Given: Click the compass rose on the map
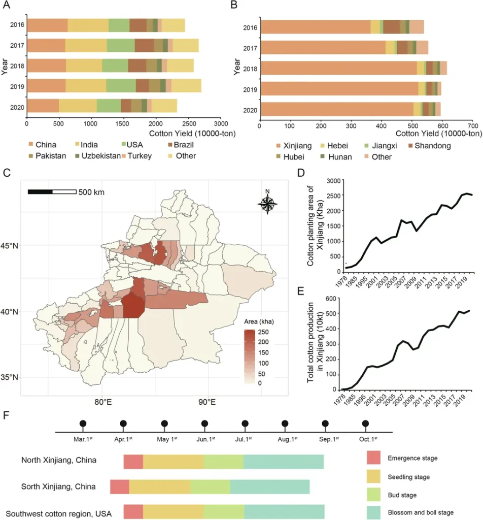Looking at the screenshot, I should pyautogui.click(x=267, y=203).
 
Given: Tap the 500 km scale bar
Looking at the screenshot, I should pyautogui.click(x=52, y=191).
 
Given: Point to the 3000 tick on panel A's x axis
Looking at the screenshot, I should pyautogui.click(x=220, y=123).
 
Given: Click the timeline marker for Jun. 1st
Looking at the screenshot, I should pyautogui.click(x=204, y=423).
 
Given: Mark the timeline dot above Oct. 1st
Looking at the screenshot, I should pyautogui.click(x=365, y=423).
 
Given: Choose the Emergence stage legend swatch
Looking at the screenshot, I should pyautogui.click(x=376, y=458).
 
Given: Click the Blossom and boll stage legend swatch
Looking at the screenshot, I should pyautogui.click(x=376, y=512).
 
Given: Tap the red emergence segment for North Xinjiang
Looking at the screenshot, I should pyautogui.click(x=133, y=461).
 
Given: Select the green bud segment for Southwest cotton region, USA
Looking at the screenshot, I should pyautogui.click(x=224, y=512).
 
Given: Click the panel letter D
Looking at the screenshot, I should pyautogui.click(x=300, y=173).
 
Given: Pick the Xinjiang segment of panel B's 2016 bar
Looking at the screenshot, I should pyautogui.click(x=315, y=26).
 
